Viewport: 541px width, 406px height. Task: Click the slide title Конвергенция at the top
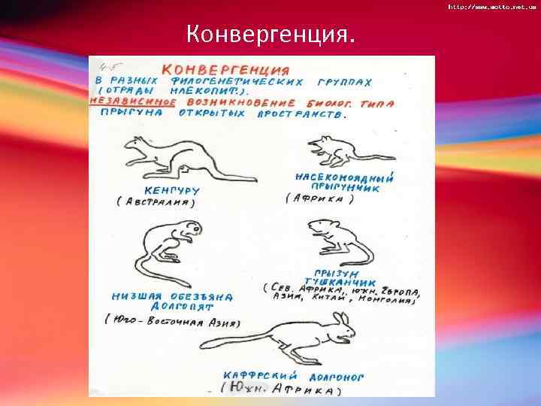click(x=271, y=35)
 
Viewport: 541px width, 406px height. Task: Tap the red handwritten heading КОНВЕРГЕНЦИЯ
click(x=217, y=68)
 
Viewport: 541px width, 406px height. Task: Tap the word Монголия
click(x=390, y=300)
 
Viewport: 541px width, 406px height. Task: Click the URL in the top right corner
click(x=492, y=6)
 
